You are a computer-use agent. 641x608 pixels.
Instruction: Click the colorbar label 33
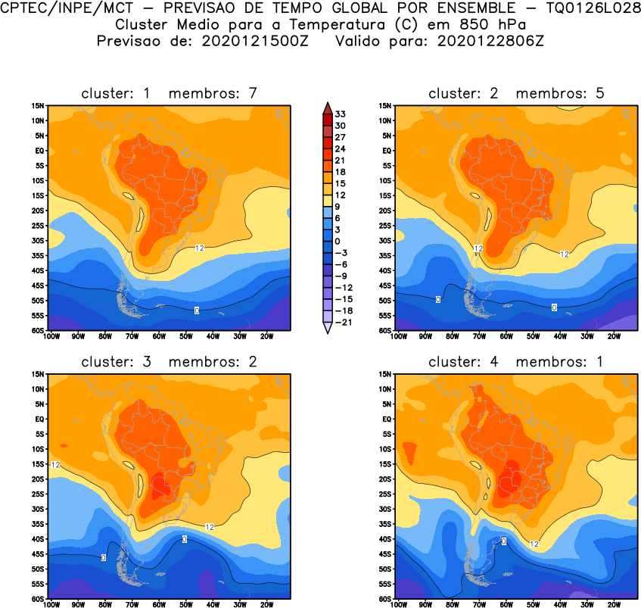pos(341,114)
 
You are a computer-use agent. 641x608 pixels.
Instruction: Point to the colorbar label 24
pos(341,148)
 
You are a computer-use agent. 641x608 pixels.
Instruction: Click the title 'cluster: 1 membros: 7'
pos(170,93)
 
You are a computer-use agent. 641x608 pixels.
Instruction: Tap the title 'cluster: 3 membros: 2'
pos(170,361)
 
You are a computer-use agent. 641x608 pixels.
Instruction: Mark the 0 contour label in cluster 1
pos(197,310)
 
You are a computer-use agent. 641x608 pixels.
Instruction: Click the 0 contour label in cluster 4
pos(504,541)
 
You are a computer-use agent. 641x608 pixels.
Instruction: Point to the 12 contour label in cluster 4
pos(534,544)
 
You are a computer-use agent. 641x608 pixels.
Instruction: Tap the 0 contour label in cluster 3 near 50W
pos(185,539)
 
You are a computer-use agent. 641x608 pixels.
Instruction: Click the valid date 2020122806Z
pos(490,41)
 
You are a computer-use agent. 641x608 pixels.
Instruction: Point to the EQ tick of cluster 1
pos(37,151)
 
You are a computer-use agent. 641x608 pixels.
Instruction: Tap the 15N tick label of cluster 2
pos(384,106)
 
